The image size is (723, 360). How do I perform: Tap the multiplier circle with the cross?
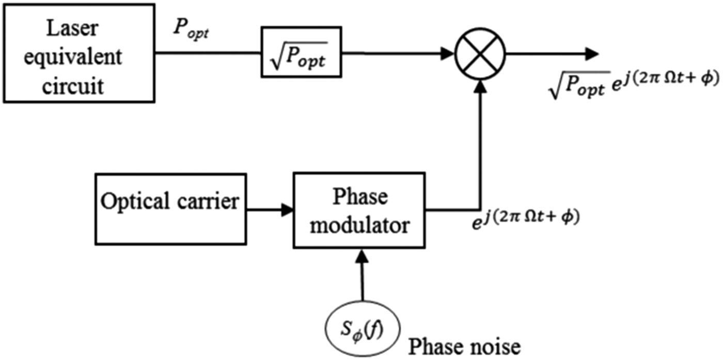[480, 53]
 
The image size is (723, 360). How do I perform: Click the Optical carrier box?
[170, 202]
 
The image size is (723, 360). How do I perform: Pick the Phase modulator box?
[359, 211]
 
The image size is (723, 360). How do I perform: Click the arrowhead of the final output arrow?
[591, 53]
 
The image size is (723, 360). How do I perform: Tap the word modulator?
[359, 225]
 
